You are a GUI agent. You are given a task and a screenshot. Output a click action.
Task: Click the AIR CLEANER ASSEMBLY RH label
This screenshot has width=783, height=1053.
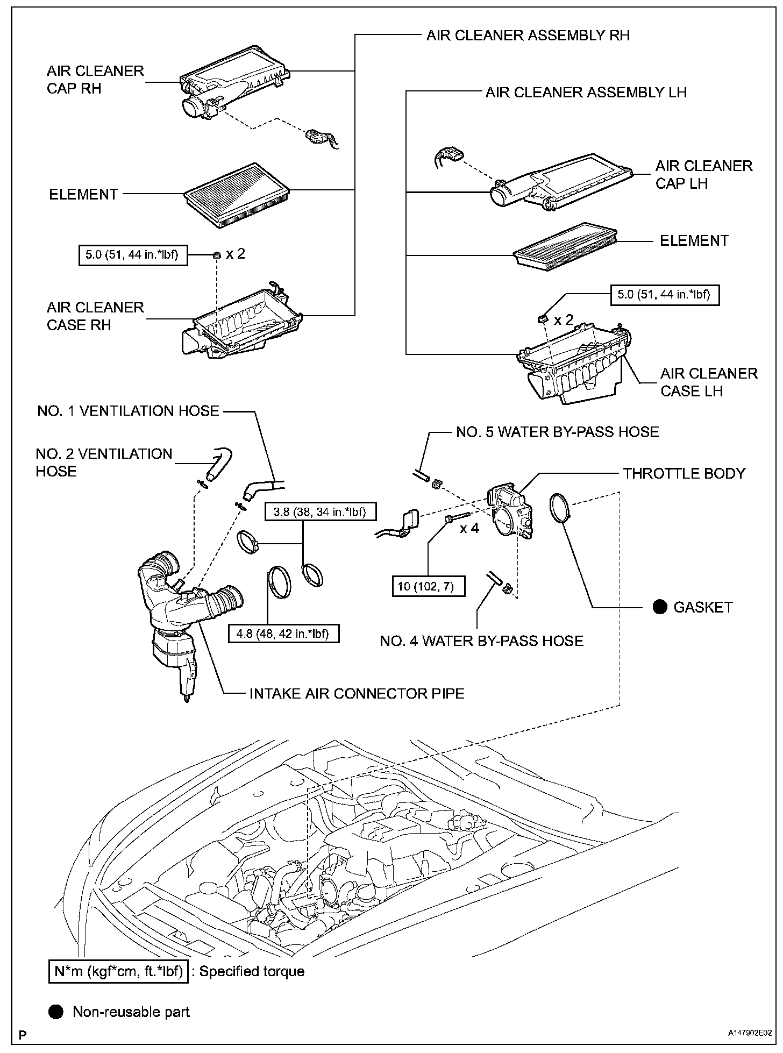click(528, 35)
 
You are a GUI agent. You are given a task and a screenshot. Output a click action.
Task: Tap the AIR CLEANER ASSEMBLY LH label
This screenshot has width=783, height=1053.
click(586, 93)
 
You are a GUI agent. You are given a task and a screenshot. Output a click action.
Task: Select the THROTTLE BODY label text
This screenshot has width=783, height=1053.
click(685, 474)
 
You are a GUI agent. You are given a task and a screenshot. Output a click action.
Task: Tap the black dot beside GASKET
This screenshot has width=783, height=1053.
click(660, 607)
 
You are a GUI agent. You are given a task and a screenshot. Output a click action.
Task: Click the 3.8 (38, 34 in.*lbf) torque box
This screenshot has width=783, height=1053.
click(319, 511)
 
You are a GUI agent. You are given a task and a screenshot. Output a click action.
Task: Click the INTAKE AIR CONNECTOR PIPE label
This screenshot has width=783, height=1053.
click(357, 693)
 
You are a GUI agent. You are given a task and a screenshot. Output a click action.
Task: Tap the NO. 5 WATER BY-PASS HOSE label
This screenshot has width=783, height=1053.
click(558, 432)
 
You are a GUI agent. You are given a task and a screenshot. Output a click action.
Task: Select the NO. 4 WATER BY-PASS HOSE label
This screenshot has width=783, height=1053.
click(481, 641)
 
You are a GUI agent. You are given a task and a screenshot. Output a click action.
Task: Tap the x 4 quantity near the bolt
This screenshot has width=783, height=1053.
click(469, 529)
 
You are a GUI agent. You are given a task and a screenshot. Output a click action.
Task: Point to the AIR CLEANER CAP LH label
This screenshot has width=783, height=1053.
click(704, 175)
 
